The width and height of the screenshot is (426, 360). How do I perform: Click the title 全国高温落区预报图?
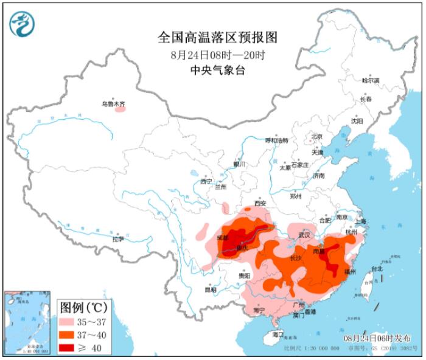[217, 37]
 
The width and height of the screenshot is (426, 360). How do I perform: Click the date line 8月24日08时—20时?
[217, 55]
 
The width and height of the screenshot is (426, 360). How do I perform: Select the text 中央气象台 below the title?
[217, 71]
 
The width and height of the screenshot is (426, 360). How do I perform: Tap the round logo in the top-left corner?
[22, 24]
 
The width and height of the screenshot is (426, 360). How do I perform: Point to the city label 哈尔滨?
[370, 80]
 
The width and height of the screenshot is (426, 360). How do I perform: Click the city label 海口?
[278, 334]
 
